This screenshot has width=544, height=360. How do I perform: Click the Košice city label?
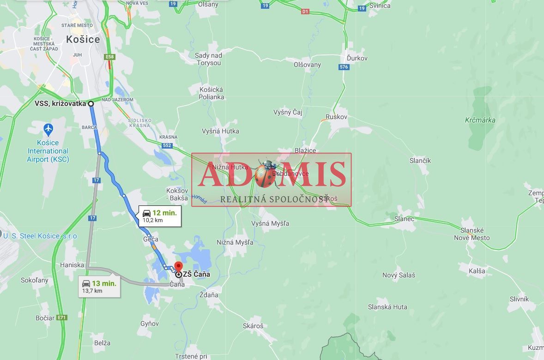pos(83,39)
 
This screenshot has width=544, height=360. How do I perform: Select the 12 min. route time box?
pos(160,216)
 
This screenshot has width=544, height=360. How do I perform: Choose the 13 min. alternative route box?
pos(99,287)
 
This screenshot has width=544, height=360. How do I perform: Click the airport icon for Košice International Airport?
pos(48,128)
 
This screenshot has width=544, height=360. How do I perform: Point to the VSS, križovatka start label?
pos(60,103)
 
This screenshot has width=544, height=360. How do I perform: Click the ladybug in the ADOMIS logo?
pos(266,174)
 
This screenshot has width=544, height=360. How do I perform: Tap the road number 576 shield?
pos(344,67)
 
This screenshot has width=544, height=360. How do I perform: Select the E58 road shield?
pos(109,57)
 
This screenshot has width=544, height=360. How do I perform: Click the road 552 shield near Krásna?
pos(167,145)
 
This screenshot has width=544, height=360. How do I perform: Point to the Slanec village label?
pos(404,219)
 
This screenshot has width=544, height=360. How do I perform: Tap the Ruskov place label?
pos(336,117)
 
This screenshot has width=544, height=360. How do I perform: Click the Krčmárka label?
pos(480,120)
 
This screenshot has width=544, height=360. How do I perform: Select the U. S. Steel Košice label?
pos(40,236)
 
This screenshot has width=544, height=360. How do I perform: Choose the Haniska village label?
pos(72,265)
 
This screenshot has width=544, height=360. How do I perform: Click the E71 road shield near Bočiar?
pos(62,318)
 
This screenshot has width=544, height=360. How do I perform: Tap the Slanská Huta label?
pos(387,307)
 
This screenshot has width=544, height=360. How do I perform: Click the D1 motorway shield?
pos(305,11)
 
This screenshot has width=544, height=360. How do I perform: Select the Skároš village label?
pos(253,325)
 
